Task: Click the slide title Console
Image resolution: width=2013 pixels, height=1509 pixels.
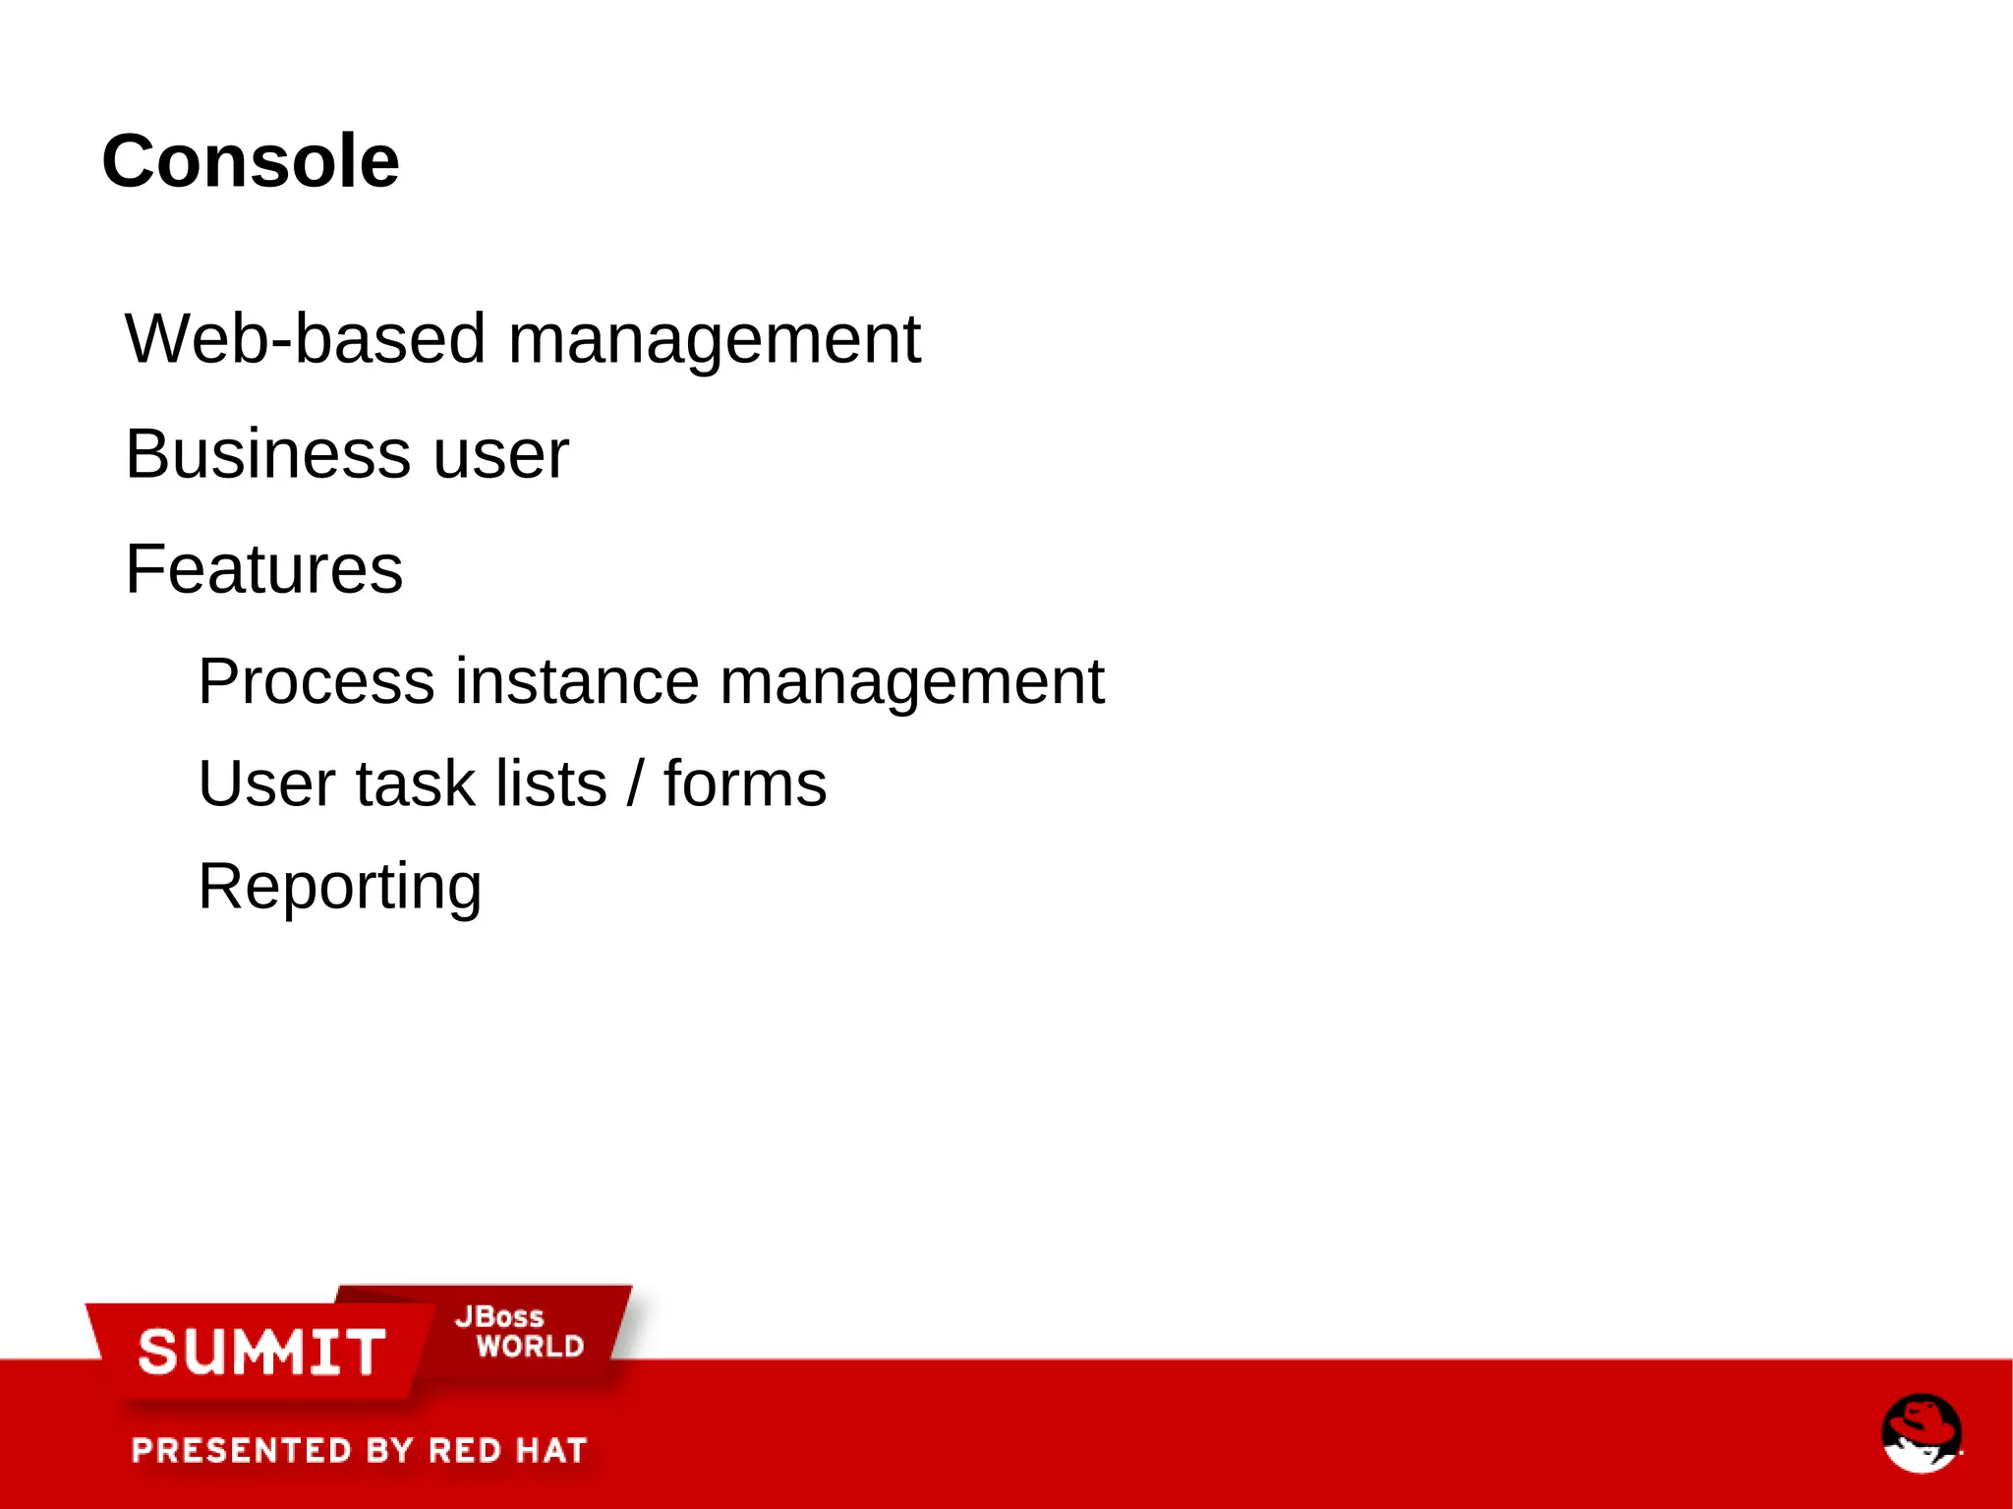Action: tap(251, 161)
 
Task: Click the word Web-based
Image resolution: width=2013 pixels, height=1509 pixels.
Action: tap(305, 339)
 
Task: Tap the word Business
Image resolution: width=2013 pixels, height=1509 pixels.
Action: tap(266, 454)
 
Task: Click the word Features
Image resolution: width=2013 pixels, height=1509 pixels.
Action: tap(263, 569)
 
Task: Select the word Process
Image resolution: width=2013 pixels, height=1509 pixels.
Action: tap(316, 681)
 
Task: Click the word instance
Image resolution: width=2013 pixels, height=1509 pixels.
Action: tap(577, 681)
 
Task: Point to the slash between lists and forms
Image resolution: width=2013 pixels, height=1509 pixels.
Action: tap(636, 784)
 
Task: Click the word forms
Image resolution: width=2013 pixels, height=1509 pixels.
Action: tap(745, 784)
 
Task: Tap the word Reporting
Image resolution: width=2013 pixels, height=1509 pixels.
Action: tap(339, 888)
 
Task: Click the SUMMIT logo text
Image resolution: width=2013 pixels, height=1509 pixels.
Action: tap(261, 1352)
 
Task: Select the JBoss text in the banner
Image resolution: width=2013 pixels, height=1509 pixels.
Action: tap(499, 1316)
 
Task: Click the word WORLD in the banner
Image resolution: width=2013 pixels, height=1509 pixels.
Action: tap(530, 1346)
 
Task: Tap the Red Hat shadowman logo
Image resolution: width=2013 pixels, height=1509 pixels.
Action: tap(1921, 1432)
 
